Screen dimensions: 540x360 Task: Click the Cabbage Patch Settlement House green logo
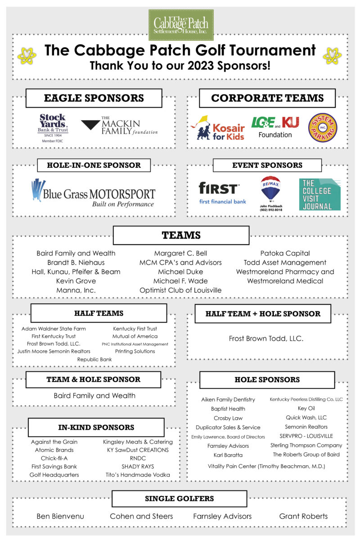tap(181, 25)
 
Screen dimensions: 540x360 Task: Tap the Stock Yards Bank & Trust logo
tap(53, 128)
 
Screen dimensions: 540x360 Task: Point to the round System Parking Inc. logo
tap(323, 127)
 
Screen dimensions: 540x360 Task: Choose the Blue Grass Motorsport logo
tap(93, 193)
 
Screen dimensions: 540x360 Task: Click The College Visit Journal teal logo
tap(319, 194)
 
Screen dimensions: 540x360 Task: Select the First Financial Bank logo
tap(222, 193)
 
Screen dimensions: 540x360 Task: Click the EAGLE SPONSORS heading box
tap(94, 98)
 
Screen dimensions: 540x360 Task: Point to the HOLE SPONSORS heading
tap(267, 380)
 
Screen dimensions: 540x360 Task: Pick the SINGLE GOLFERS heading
tap(179, 499)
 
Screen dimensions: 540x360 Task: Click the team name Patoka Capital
tap(285, 253)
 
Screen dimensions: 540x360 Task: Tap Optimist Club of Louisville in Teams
tap(180, 290)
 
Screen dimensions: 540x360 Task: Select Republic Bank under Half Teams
tap(94, 359)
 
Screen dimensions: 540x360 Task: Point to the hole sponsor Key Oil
tap(306, 408)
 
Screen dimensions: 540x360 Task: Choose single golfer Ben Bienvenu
tap(60, 516)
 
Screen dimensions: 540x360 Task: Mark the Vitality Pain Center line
tap(266, 466)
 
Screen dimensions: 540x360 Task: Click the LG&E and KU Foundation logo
tap(275, 126)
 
